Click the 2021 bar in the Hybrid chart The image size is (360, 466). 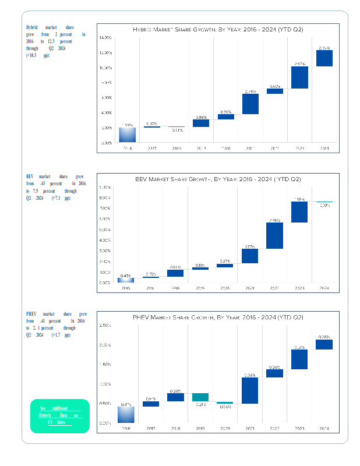tap(250, 104)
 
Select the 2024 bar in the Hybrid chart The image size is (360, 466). tap(324, 58)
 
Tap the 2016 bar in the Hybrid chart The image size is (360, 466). tap(128, 135)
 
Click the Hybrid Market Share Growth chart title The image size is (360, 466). tap(218, 29)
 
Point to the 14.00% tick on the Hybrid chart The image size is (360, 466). tap(105, 38)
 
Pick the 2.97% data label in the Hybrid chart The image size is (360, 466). tap(300, 63)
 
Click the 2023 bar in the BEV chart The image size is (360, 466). tap(299, 212)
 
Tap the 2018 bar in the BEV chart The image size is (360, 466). tap(175, 273)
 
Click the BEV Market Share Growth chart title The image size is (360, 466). tap(218, 178)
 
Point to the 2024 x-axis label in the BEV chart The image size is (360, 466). tap(324, 288)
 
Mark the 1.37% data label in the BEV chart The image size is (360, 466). tap(250, 246)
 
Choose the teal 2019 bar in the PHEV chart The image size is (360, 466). tap(200, 397)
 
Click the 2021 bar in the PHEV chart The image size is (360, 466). tap(250, 390)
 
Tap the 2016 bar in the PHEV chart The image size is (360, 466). tap(126, 414)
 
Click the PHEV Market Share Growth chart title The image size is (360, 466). tap(218, 317)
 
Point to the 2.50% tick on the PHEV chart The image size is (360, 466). tap(105, 325)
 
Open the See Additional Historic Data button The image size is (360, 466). tap(59, 415)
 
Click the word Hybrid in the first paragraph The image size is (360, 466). tap(32, 27)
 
